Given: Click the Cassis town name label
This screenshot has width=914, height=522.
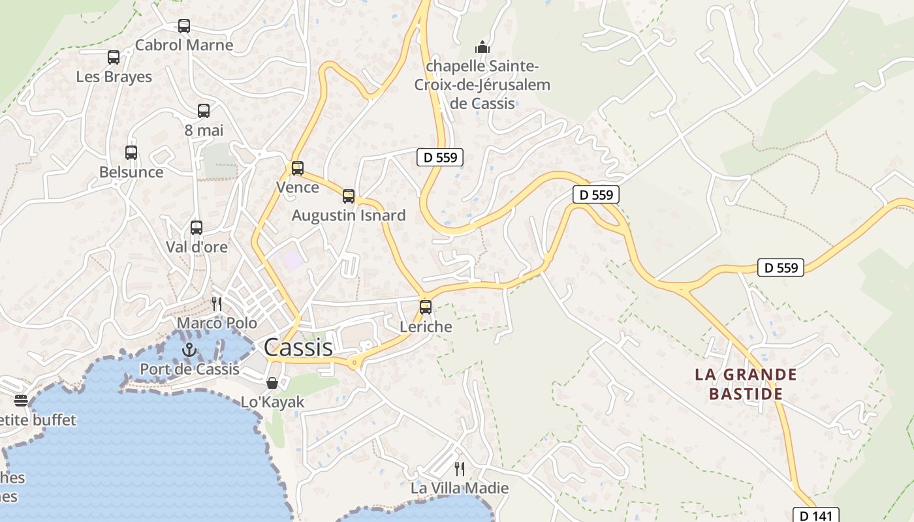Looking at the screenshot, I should click(298, 348).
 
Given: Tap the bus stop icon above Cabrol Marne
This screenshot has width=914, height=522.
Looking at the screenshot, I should click(184, 26).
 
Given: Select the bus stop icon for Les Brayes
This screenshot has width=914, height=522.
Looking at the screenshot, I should click(114, 57).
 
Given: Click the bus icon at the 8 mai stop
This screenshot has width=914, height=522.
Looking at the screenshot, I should click(204, 111).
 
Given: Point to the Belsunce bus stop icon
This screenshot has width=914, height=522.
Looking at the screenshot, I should click(131, 153).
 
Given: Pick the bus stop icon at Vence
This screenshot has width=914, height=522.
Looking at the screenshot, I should click(298, 168).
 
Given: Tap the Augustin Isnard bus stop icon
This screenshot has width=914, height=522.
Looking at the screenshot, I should click(349, 196).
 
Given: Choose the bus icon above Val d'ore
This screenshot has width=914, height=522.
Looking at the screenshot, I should click(197, 228).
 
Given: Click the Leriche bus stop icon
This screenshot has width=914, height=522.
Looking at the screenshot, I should click(426, 307).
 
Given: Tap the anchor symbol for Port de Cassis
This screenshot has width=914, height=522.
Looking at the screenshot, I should click(189, 350).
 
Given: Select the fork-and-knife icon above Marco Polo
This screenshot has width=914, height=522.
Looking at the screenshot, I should click(217, 303).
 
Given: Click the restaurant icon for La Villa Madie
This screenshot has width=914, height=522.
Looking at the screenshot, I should click(460, 468).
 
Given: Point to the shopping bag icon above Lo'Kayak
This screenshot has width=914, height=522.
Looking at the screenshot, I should click(272, 383).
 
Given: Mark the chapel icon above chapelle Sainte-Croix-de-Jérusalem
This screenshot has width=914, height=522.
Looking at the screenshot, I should click(482, 47).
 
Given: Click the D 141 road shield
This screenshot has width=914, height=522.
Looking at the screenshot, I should click(815, 515).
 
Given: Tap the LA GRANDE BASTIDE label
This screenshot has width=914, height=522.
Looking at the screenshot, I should click(746, 384).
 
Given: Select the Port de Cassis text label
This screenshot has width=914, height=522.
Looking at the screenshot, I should click(190, 369).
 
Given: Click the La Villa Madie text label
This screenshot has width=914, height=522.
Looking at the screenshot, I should click(460, 488).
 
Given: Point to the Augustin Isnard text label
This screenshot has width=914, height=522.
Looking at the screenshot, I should click(349, 215).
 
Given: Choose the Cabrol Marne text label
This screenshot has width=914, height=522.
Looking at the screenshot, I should click(184, 45).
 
